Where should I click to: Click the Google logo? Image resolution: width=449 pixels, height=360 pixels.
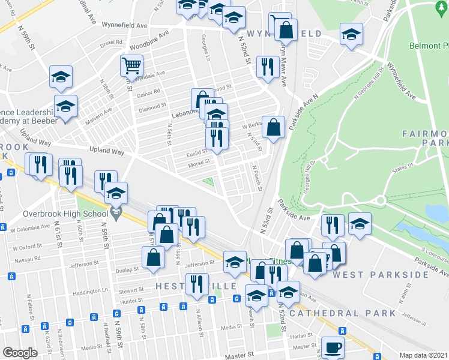click(x=20, y=353)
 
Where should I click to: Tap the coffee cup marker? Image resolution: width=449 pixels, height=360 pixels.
click(x=332, y=347)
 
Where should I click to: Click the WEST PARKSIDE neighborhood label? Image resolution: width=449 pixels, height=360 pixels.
click(x=381, y=275)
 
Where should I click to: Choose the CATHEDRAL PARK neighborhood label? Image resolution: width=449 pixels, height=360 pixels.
click(x=343, y=313)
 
